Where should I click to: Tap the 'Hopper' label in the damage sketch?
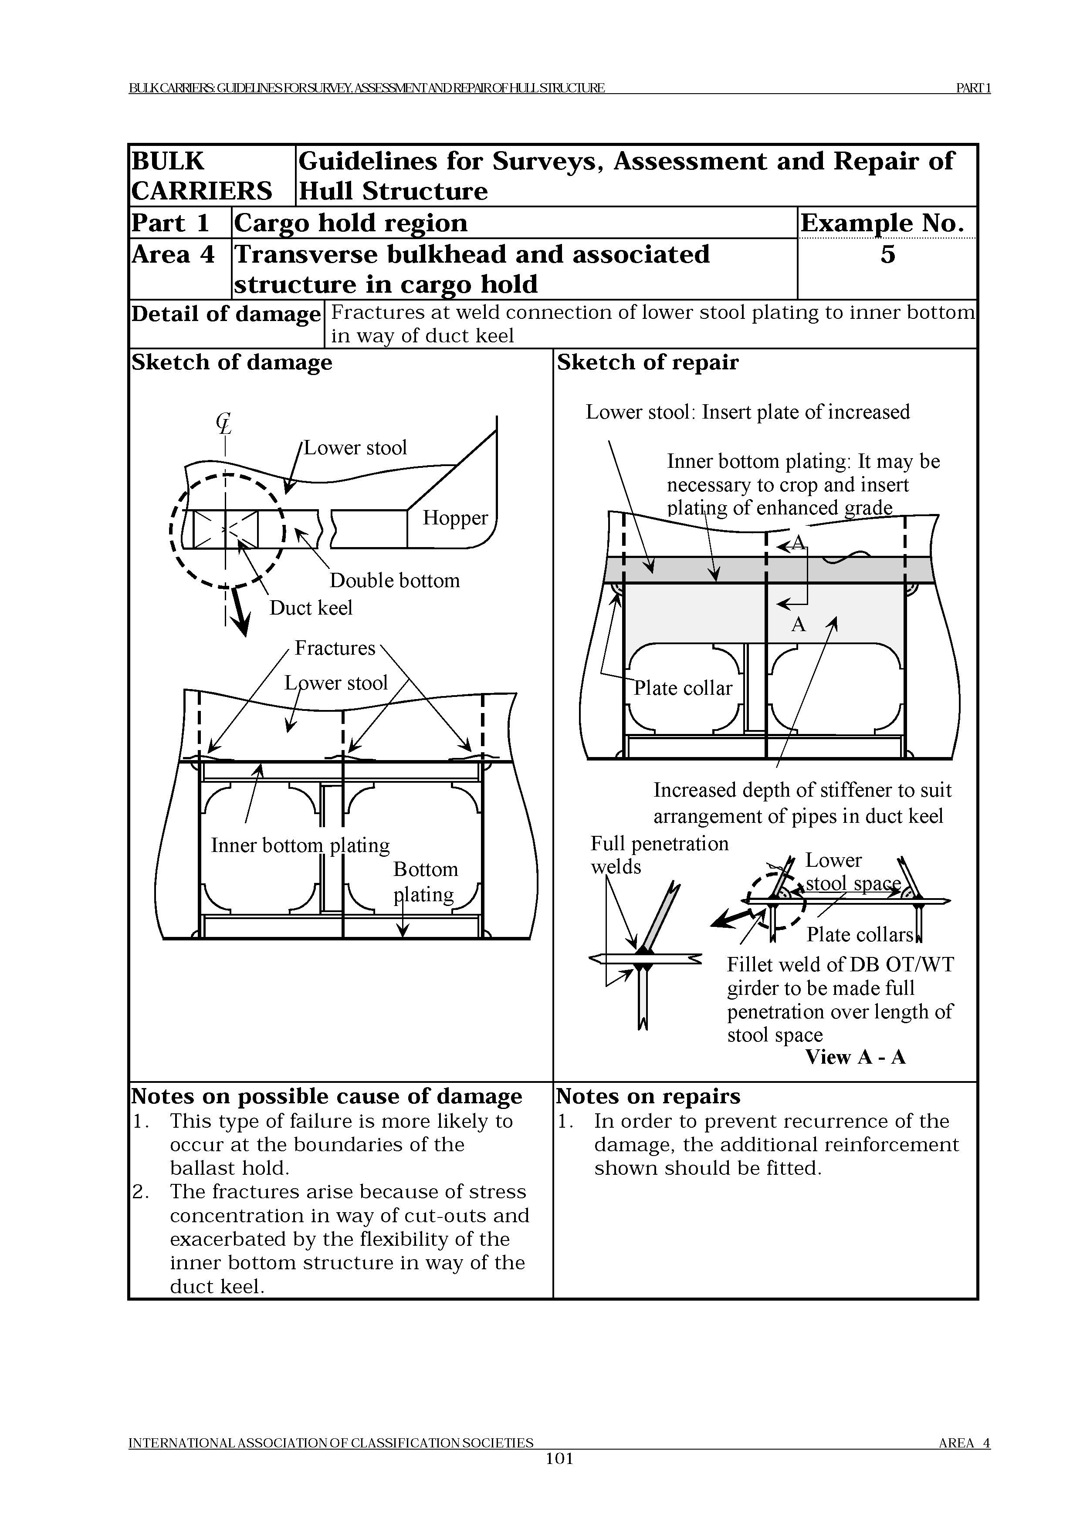(455, 518)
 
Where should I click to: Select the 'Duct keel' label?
(311, 608)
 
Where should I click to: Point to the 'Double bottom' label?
(395, 580)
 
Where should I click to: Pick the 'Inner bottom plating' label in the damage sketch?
(300, 845)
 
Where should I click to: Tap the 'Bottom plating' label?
(425, 881)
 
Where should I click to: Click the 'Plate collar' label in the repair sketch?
(682, 688)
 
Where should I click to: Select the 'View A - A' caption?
(855, 1057)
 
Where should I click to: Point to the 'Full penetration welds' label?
(659, 855)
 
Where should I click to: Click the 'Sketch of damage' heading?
(232, 363)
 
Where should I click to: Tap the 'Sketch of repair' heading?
(647, 363)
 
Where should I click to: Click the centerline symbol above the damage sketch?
(223, 423)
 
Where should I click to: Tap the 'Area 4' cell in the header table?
(173, 254)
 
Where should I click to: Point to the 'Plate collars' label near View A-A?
(860, 934)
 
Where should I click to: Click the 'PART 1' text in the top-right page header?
(973, 88)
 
